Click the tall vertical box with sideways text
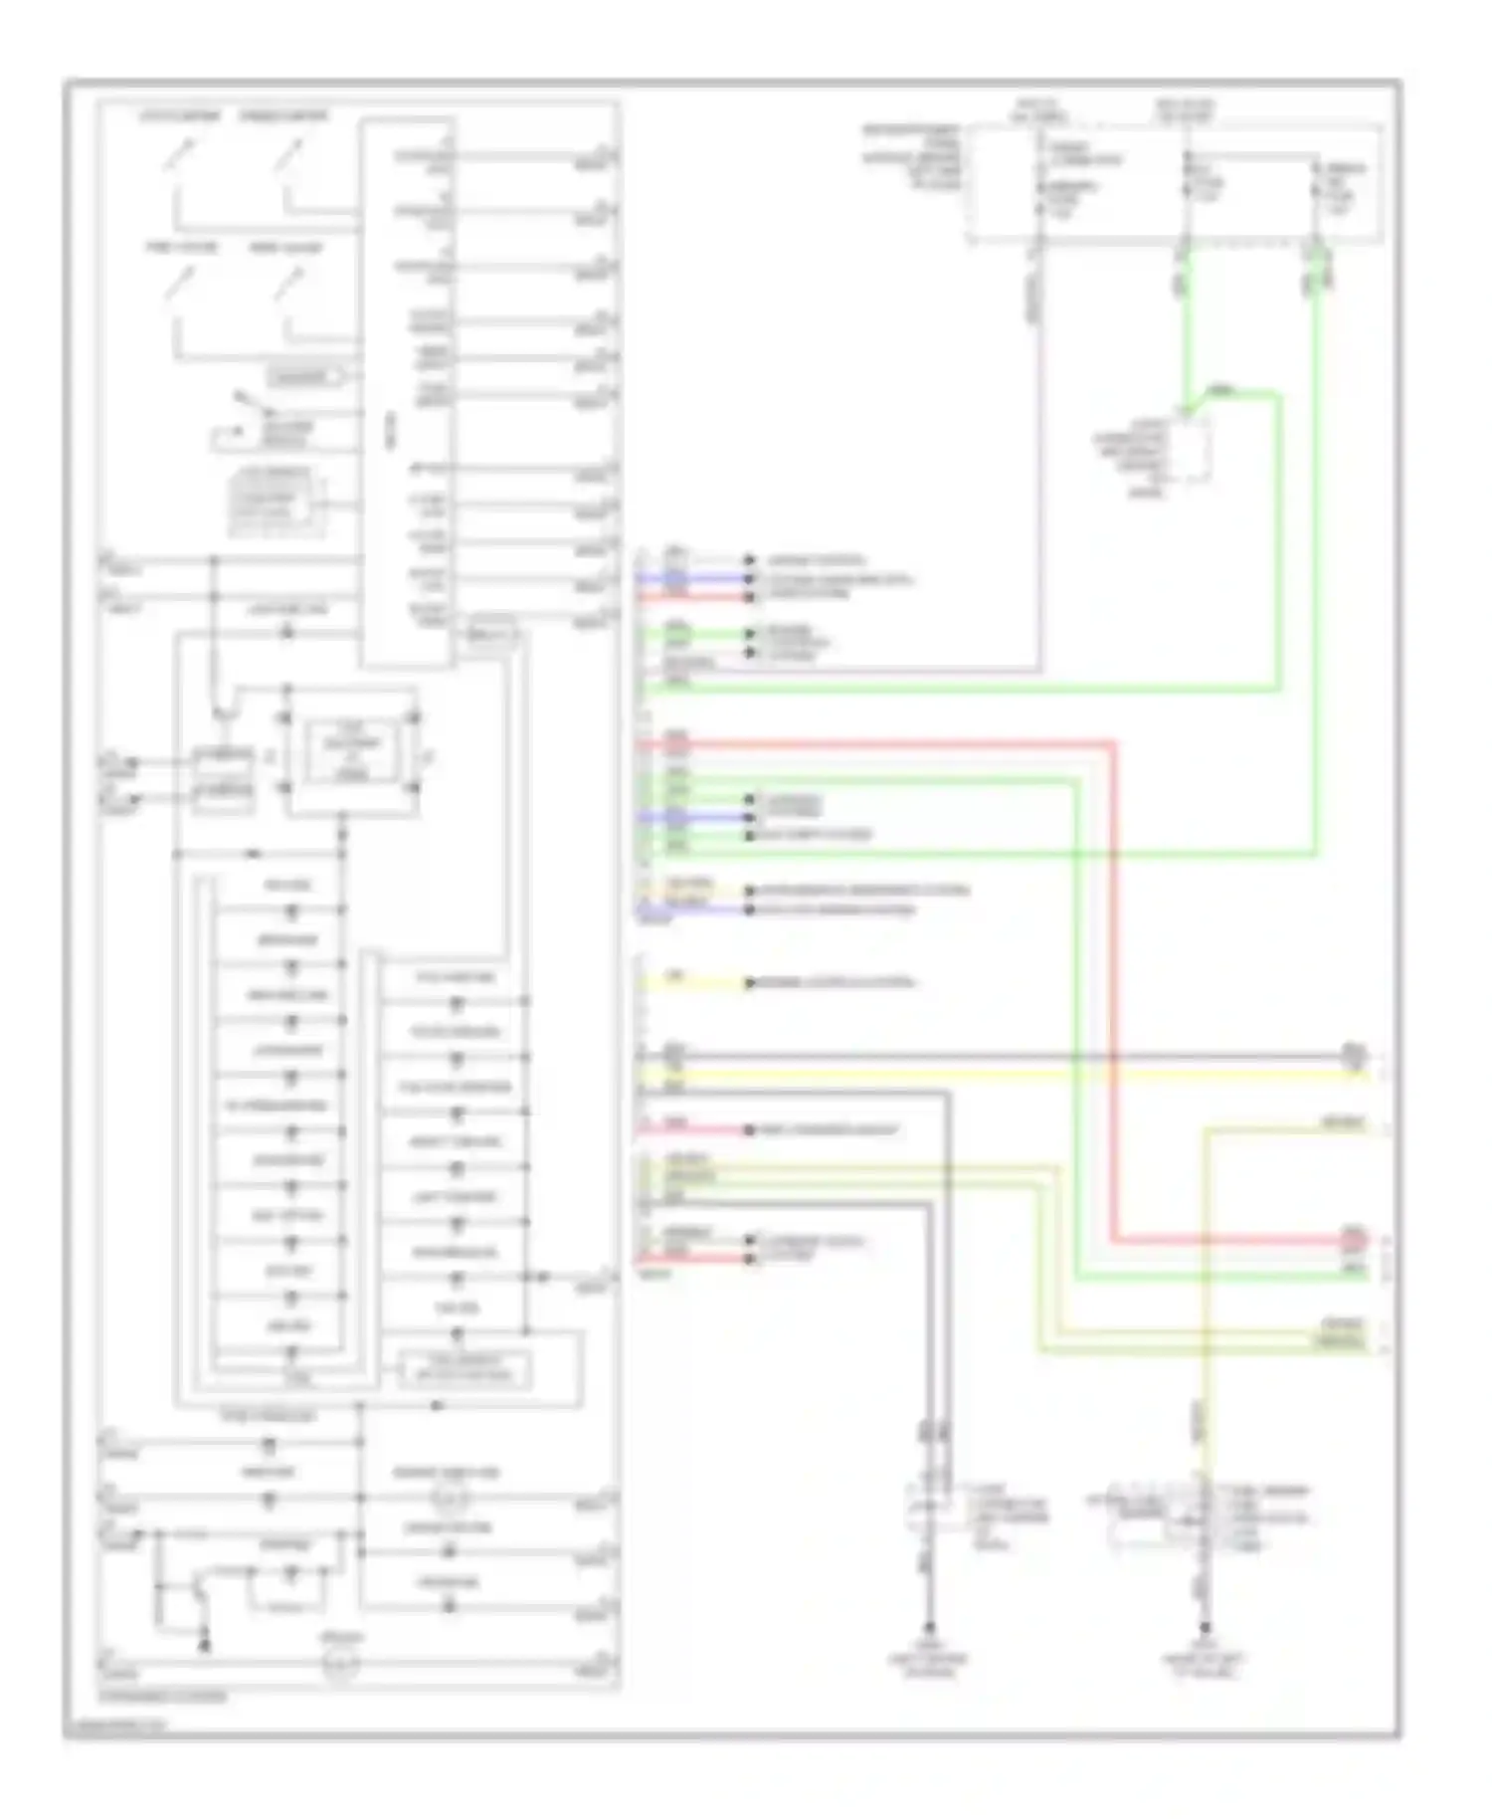coord(408,394)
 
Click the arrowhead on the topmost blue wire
coord(751,578)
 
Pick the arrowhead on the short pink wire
coord(751,1131)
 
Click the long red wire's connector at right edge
coord(1353,1240)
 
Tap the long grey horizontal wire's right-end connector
coord(1353,1056)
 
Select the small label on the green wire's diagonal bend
coord(1221,390)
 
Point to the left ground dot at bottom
coord(930,1629)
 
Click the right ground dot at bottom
coord(1204,1629)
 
